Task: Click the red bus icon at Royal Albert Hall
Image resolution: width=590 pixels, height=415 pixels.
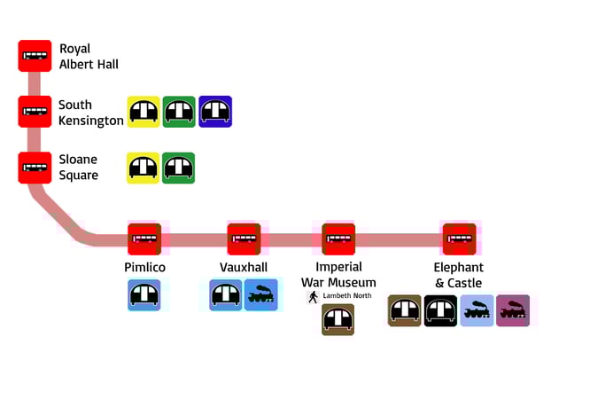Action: click(x=35, y=56)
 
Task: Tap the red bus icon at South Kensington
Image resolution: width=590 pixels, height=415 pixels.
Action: click(x=35, y=112)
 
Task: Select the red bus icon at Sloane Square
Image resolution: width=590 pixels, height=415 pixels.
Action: click(x=35, y=168)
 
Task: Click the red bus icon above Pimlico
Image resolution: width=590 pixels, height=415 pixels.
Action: click(x=144, y=239)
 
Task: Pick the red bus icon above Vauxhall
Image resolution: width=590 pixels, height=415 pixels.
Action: click(x=244, y=239)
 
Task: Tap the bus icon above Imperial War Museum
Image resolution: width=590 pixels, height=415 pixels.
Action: click(x=338, y=239)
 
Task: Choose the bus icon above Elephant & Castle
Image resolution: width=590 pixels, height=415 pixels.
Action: click(x=459, y=239)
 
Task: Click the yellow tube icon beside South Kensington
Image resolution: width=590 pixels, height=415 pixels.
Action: click(x=144, y=112)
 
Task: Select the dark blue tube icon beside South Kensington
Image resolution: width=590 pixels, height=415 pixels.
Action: click(x=215, y=112)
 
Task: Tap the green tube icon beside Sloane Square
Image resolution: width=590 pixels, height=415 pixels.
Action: click(x=179, y=168)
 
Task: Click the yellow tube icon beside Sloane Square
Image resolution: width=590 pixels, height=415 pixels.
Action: click(x=144, y=168)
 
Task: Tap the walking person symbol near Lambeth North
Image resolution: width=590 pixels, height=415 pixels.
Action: click(x=313, y=297)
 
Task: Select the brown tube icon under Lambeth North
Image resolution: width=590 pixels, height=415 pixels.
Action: click(x=338, y=320)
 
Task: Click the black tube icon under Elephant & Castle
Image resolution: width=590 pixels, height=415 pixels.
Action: click(x=440, y=310)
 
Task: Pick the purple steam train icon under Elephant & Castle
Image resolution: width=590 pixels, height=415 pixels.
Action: click(x=513, y=310)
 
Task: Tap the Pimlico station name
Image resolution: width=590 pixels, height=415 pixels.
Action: click(x=144, y=267)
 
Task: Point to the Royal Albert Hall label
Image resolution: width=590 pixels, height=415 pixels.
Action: click(x=89, y=56)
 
